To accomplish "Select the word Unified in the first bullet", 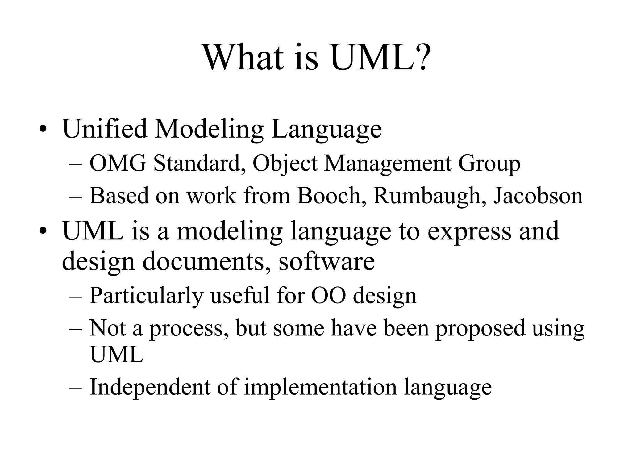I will click(105, 129).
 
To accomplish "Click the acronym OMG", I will click(118, 163).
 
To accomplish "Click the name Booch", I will click(329, 196).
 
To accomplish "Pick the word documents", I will click(205, 262).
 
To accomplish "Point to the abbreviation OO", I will click(328, 296).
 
